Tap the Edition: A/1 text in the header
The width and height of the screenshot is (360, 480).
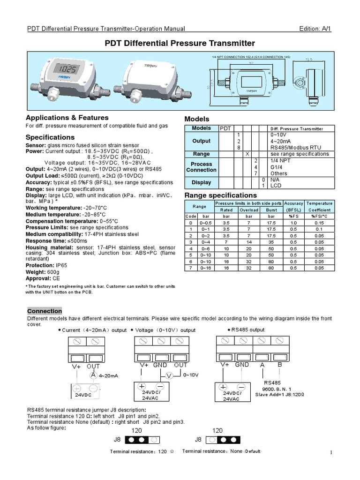[x=317, y=29]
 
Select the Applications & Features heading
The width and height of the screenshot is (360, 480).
[x=67, y=118]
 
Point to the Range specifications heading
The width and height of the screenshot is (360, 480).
[x=221, y=195]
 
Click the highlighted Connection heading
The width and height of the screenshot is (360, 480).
[x=45, y=311]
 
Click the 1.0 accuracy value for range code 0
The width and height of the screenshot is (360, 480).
[x=294, y=222]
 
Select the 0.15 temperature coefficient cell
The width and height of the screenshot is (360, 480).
[x=319, y=222]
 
